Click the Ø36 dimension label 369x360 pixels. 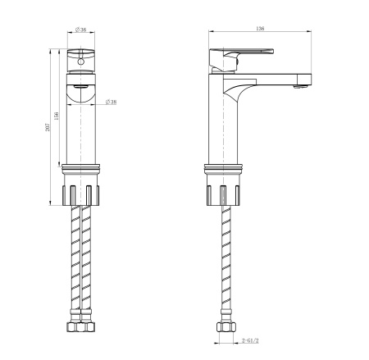tap(81, 30)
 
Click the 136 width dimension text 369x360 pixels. tap(260, 30)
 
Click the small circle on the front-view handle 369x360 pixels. tap(81, 60)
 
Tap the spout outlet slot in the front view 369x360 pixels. tap(81, 85)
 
